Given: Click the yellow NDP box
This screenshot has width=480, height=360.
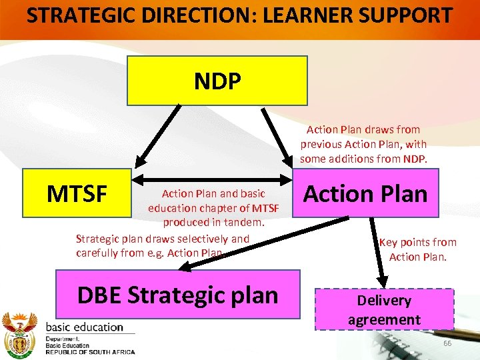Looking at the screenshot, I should pyautogui.click(x=217, y=81).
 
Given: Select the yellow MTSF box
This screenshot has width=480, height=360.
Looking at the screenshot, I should pyautogui.click(x=76, y=194).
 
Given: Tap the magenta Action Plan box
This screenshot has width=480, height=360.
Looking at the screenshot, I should pyautogui.click(x=366, y=194).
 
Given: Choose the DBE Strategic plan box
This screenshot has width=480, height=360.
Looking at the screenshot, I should pyautogui.click(x=177, y=294).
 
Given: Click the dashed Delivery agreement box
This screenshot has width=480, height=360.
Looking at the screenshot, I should pyautogui.click(x=384, y=309).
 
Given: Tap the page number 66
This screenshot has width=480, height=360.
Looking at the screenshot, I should pyautogui.click(x=447, y=343).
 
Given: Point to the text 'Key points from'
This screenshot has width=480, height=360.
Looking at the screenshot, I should pyautogui.click(x=417, y=242).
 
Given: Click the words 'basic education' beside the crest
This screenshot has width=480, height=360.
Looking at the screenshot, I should pyautogui.click(x=84, y=327).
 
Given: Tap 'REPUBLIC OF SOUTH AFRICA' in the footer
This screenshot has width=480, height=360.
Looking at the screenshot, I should pyautogui.click(x=90, y=352).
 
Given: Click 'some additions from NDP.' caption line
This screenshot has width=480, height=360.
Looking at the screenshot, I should pyautogui.click(x=363, y=159).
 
